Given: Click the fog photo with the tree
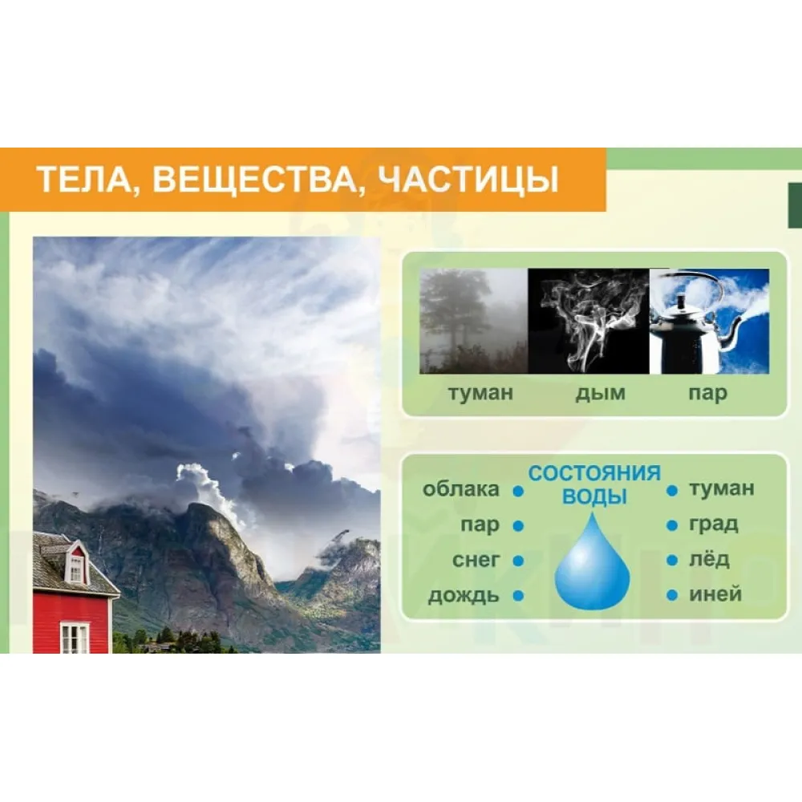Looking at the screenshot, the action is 474,321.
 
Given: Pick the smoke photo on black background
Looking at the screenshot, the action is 589,321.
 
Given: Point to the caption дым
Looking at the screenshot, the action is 601,393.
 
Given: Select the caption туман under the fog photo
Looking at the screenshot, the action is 480,393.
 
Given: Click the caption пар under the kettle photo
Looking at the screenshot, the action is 707,394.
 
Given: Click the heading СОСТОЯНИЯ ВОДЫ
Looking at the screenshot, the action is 594,484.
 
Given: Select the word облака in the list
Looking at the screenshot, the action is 461,489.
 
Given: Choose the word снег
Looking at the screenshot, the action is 476,560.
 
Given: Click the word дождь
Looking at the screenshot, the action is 464,596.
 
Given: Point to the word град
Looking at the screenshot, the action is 714,525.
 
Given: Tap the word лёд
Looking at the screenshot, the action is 709,558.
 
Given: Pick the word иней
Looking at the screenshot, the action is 715,593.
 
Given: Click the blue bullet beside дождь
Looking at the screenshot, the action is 519,596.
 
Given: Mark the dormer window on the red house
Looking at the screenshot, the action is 76,569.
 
